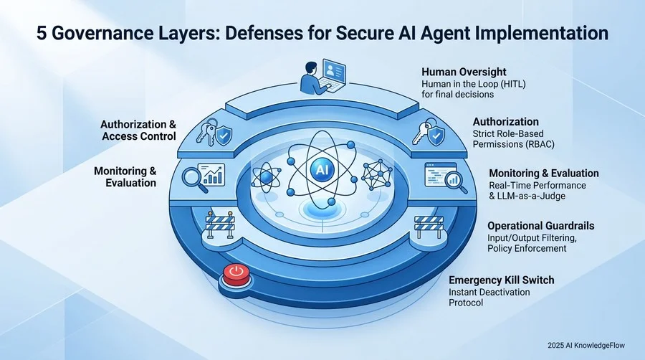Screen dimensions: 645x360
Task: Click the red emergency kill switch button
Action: pyautogui.click(x=236, y=274)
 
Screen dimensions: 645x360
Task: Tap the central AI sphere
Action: pyautogui.click(x=320, y=169)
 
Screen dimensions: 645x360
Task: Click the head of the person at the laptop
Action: pyautogui.click(x=311, y=67)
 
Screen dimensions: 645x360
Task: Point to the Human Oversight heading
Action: pyautogui.click(x=464, y=72)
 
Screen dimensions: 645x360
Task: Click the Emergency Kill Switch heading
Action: pyautogui.click(x=502, y=280)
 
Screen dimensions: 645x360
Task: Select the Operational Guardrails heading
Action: pyautogui.click(x=541, y=226)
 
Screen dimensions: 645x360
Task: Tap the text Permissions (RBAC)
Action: pyautogui.click(x=513, y=144)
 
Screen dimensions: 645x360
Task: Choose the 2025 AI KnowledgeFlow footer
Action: pyautogui.click(x=586, y=345)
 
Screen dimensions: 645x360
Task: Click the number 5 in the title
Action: pyautogui.click(x=41, y=34)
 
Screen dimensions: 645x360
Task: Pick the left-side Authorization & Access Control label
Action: pyautogui.click(x=138, y=130)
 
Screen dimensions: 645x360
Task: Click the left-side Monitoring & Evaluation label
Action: pyautogui.click(x=125, y=176)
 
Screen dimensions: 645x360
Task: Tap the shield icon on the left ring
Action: pyautogui.click(x=224, y=135)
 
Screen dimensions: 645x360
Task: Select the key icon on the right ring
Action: pyautogui.click(x=421, y=130)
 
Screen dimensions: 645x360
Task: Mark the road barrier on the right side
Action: pyautogui.click(x=429, y=227)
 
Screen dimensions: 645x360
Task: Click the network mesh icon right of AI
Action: pyautogui.click(x=376, y=176)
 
